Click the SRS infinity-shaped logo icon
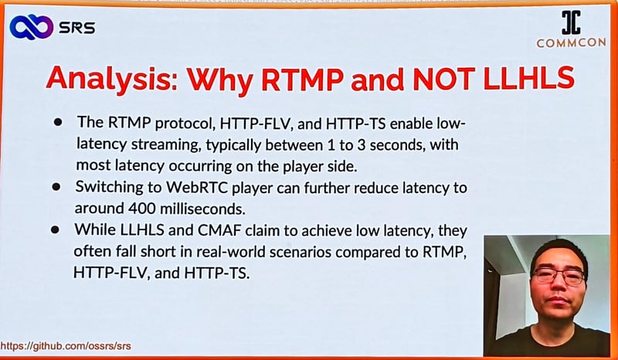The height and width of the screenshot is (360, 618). click(x=31, y=27)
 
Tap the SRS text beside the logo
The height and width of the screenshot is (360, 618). click(x=76, y=28)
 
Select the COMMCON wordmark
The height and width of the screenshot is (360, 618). click(x=571, y=43)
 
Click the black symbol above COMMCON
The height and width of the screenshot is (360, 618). click(x=571, y=22)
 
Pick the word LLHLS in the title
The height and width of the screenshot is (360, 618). click(x=529, y=77)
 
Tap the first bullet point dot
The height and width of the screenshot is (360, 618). click(x=58, y=123)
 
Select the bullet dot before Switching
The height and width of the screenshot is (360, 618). click(x=56, y=186)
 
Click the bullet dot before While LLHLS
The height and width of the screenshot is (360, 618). click(x=55, y=230)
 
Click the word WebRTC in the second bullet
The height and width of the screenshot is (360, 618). click(x=197, y=187)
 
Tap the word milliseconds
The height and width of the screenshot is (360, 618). click(x=202, y=209)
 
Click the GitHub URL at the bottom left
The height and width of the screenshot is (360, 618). click(x=66, y=347)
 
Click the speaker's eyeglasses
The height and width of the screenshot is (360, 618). click(x=559, y=276)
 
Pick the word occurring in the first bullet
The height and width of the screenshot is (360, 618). click(x=200, y=166)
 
